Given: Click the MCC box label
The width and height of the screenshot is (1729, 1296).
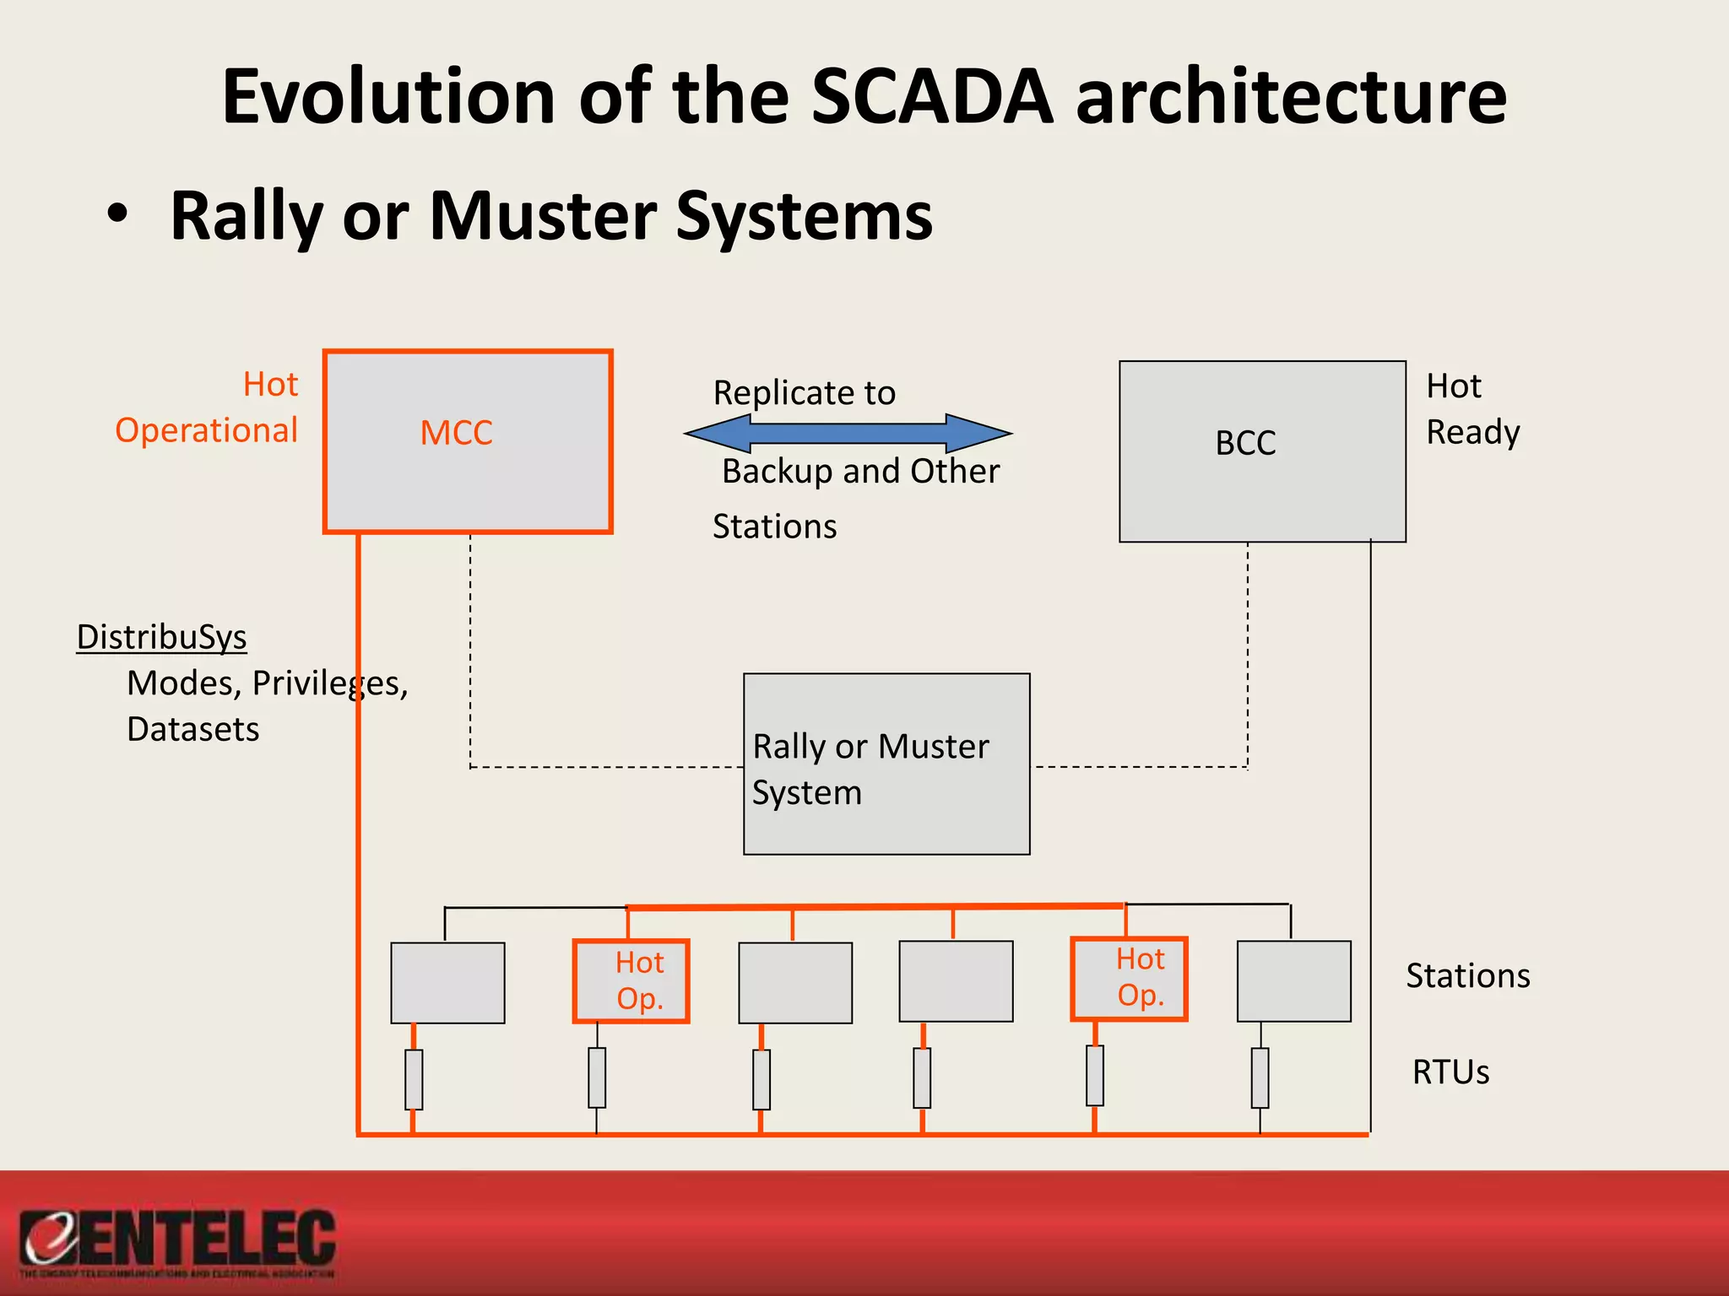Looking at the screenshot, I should pyautogui.click(x=457, y=433).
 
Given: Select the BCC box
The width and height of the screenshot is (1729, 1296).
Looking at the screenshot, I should pyautogui.click(x=1261, y=451).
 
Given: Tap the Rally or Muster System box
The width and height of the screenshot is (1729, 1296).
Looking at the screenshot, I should pyautogui.click(x=886, y=764).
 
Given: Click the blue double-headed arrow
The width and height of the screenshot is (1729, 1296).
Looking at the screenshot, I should pyautogui.click(x=848, y=434).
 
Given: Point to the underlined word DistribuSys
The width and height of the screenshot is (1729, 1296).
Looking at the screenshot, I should pyautogui.click(x=161, y=637).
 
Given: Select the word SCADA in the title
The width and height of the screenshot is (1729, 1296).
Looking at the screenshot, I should pyautogui.click(x=932, y=96).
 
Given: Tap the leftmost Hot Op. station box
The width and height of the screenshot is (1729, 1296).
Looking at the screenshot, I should pyautogui.click(x=631, y=981).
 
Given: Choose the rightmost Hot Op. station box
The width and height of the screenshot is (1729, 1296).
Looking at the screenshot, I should pyautogui.click(x=1130, y=979).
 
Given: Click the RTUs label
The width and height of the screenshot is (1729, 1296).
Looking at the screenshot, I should pyautogui.click(x=1450, y=1072).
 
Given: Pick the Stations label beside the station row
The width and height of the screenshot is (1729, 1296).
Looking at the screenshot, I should pyautogui.click(x=1467, y=976).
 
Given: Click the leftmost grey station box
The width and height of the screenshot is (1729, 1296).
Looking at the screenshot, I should pyautogui.click(x=447, y=983).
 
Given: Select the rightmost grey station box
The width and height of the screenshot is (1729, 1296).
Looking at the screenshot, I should pyautogui.click(x=1293, y=981).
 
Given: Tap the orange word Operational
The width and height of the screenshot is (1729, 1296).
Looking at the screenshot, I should pyautogui.click(x=207, y=430).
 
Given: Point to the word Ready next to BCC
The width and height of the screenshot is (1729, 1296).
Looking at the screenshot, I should pyautogui.click(x=1472, y=432).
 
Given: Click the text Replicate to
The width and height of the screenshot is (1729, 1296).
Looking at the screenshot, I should pyautogui.click(x=804, y=393).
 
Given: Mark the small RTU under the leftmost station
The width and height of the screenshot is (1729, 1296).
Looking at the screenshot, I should pyautogui.click(x=414, y=1079).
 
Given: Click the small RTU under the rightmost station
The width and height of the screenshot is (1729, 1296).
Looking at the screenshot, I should pyautogui.click(x=1260, y=1077).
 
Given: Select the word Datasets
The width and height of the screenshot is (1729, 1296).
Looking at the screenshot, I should pyautogui.click(x=193, y=729).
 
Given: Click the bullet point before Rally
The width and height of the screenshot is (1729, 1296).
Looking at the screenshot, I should pyautogui.click(x=118, y=214).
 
